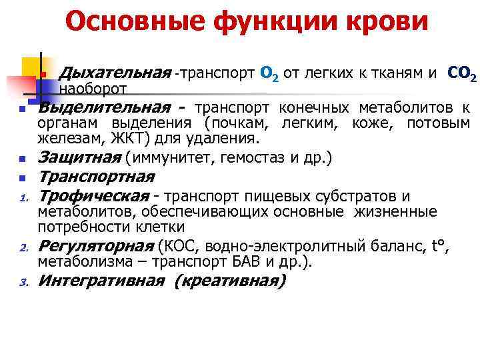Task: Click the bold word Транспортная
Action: click(96, 177)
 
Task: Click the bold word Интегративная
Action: click(101, 281)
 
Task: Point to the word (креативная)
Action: click(229, 281)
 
